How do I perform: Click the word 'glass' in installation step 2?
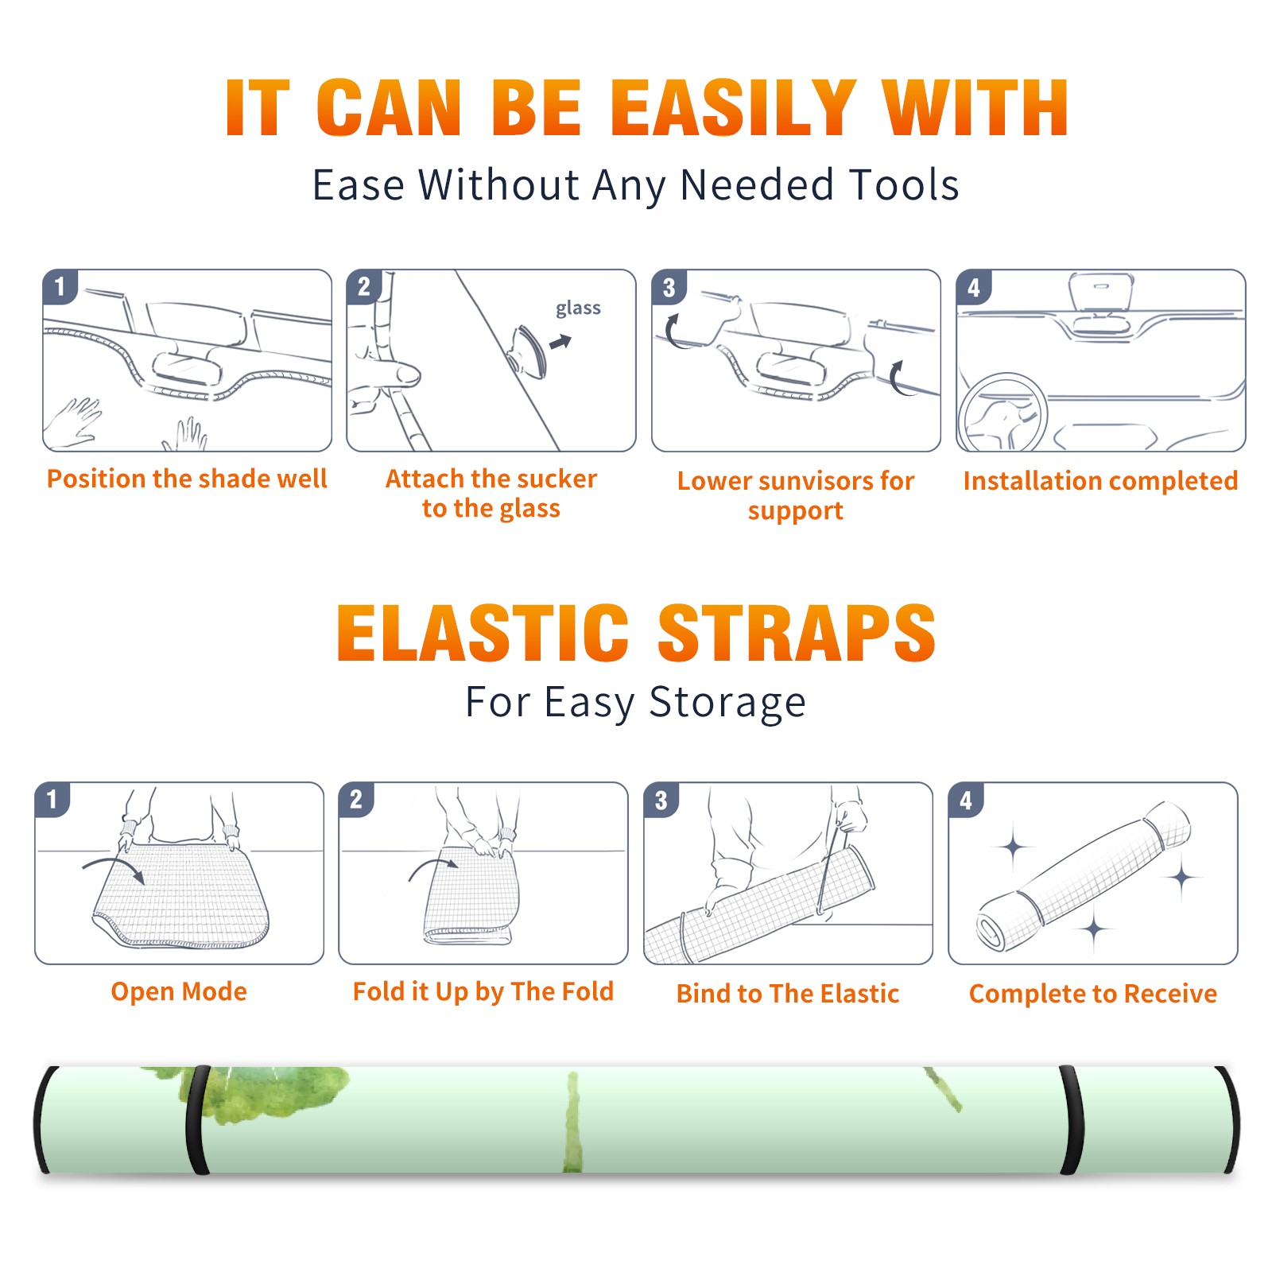click(x=578, y=308)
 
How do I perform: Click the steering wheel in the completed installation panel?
click(x=1002, y=413)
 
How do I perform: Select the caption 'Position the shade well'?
click(x=187, y=479)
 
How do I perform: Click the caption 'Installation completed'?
click(x=1100, y=481)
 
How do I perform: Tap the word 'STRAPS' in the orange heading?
click(x=797, y=633)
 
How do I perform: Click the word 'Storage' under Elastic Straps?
click(x=727, y=703)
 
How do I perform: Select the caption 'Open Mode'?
click(x=179, y=991)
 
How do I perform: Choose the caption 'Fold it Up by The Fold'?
click(x=483, y=991)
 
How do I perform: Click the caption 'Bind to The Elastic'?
click(x=788, y=994)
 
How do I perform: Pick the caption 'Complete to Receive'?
click(x=1093, y=994)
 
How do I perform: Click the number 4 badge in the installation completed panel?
click(x=975, y=287)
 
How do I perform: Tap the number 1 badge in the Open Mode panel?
click(x=52, y=799)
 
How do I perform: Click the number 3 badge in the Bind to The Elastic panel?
click(x=661, y=800)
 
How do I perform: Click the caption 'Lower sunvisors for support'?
click(x=796, y=495)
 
